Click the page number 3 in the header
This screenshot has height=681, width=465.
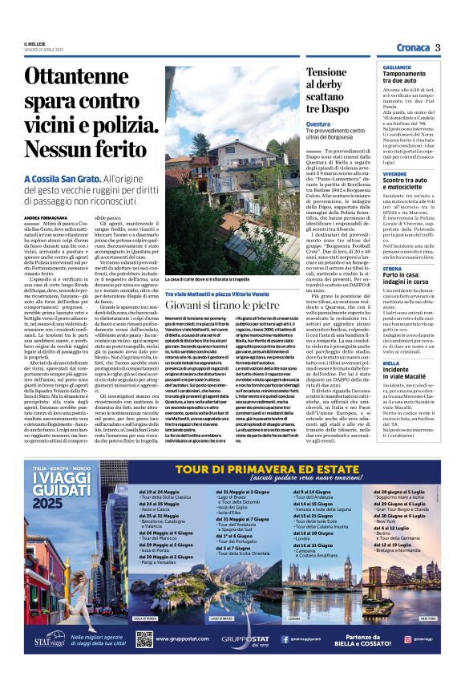click(439, 47)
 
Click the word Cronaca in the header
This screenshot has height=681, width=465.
click(412, 48)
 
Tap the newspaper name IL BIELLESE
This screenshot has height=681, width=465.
click(36, 43)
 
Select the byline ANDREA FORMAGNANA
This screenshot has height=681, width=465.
click(46, 217)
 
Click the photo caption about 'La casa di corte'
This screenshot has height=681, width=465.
click(211, 278)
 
